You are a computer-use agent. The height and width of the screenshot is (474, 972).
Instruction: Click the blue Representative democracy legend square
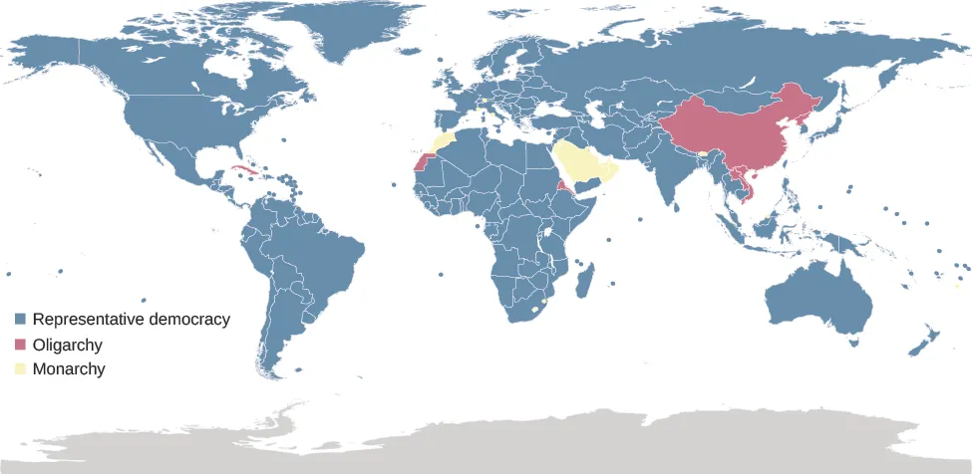point(20,321)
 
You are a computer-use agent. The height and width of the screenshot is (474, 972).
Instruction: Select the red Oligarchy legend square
point(20,345)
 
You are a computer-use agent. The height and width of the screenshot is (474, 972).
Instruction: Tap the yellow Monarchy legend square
point(20,369)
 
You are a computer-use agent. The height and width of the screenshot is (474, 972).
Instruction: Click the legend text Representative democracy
point(131,320)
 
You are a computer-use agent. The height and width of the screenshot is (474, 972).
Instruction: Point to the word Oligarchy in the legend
point(67,345)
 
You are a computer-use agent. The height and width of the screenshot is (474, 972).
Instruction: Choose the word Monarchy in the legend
point(69,369)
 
